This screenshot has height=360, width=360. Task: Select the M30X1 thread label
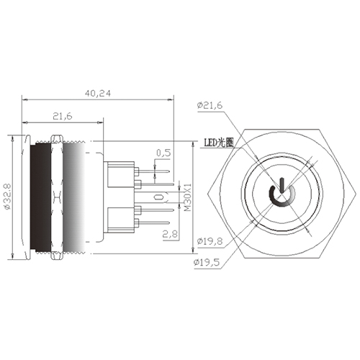185,196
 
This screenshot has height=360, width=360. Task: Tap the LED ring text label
219,143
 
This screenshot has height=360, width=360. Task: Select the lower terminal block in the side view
120,219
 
